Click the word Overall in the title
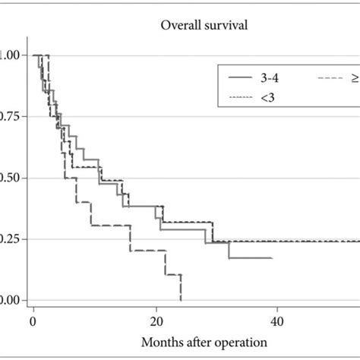click(x=178, y=24)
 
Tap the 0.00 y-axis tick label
click(x=11, y=300)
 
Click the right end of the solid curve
click(x=271, y=257)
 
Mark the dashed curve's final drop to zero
click(x=181, y=289)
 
